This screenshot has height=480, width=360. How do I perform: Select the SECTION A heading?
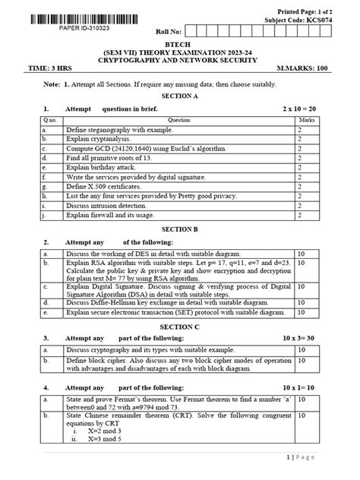179,96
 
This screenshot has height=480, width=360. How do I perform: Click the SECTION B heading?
180,228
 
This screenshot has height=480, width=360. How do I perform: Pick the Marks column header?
307,120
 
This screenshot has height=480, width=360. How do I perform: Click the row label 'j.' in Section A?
46,216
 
